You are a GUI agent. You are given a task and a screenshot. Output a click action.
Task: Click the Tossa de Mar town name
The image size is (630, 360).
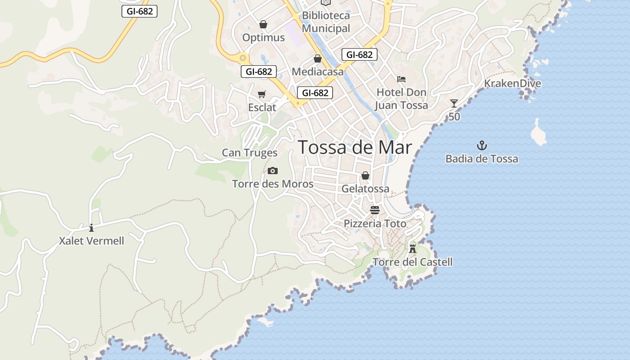[355, 147]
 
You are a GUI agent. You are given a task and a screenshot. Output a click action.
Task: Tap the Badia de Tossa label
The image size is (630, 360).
[481, 159]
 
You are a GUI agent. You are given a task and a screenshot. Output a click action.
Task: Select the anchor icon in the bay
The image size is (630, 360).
[482, 145]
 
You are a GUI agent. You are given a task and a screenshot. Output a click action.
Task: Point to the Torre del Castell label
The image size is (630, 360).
[412, 262]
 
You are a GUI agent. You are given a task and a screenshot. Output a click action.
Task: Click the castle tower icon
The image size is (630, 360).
[413, 248]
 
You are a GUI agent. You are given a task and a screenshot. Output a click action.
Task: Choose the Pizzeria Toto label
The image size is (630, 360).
[375, 224]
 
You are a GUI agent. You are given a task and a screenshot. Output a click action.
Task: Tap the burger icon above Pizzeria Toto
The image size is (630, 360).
[375, 210]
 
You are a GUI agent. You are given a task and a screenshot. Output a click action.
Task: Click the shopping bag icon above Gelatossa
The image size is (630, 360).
[365, 175]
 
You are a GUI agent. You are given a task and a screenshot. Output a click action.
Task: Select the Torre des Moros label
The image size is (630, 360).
[273, 184]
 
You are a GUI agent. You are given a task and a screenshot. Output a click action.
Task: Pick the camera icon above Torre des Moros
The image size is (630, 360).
[273, 171]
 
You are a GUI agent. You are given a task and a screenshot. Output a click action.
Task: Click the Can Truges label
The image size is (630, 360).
[250, 153]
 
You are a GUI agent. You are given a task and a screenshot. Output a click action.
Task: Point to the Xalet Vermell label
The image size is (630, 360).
[91, 241]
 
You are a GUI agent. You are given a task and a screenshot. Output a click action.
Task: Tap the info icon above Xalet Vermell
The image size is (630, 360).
[91, 228]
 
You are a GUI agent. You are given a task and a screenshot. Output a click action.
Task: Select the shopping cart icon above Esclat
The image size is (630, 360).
[262, 94]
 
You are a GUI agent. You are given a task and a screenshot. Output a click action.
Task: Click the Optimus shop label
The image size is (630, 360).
[263, 37]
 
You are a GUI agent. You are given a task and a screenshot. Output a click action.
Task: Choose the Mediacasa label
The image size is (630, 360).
[317, 72]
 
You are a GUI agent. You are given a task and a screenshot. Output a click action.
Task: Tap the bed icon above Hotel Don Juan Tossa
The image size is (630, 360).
[401, 79]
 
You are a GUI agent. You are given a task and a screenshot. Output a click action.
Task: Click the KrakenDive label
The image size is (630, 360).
[513, 84]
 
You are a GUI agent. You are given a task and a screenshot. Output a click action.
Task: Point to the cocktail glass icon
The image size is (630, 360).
[454, 103]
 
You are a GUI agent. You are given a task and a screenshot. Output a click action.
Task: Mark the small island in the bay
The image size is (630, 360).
[538, 134]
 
